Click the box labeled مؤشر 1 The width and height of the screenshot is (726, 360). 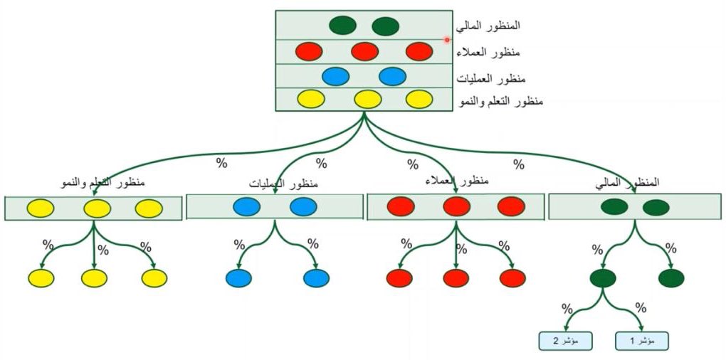click(x=643, y=341)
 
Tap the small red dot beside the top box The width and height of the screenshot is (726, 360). click(x=447, y=40)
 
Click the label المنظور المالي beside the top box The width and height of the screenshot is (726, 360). click(x=490, y=25)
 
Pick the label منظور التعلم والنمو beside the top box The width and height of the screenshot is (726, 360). click(x=503, y=101)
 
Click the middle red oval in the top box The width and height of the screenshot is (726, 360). click(x=364, y=51)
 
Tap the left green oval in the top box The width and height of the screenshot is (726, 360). click(x=343, y=26)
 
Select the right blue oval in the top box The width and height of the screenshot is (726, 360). click(x=391, y=75)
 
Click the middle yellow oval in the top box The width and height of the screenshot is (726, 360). click(x=368, y=99)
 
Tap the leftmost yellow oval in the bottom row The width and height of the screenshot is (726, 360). click(x=41, y=278)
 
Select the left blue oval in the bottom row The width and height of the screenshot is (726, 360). click(x=238, y=278)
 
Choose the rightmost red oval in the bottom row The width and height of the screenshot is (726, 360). click(x=512, y=278)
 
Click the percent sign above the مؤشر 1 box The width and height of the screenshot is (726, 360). click(x=641, y=309)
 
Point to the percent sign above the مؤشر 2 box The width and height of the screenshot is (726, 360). click(x=567, y=309)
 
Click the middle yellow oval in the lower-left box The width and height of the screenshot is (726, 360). click(x=98, y=208)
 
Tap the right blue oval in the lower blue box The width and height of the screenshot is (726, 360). click(x=302, y=207)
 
